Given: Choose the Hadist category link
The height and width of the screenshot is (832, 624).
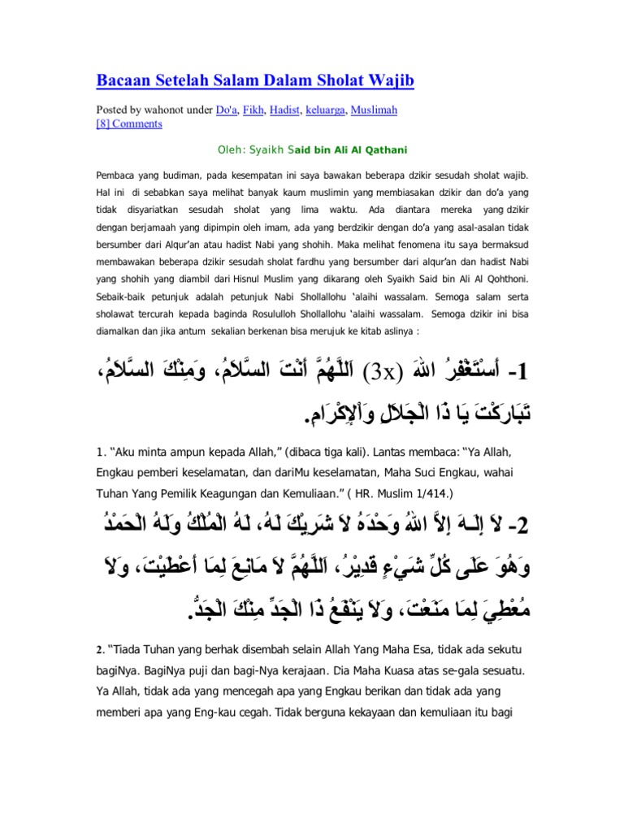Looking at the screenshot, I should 284,109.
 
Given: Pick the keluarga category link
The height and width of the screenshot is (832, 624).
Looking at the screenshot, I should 325,109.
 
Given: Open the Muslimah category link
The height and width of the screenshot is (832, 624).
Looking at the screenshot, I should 374,109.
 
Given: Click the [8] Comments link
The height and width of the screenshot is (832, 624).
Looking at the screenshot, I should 129,123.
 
